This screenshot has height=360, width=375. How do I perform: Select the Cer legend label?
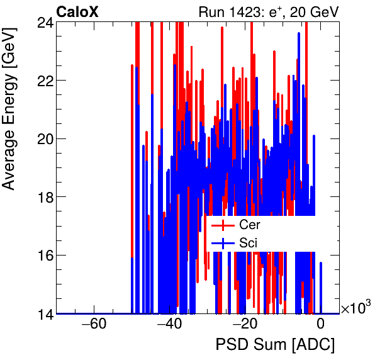point(249,225)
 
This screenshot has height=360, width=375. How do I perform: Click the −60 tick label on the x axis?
point(93,325)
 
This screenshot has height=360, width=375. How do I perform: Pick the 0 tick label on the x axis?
point(320,325)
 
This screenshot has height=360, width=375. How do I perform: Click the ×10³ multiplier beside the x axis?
point(355,308)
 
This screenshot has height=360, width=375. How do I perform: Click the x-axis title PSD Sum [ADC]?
point(275,346)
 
